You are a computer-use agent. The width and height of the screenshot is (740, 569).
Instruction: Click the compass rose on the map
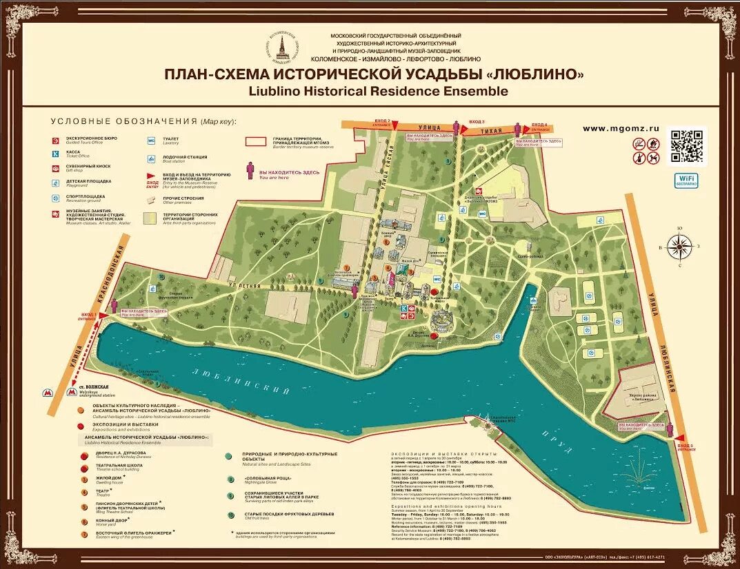679,246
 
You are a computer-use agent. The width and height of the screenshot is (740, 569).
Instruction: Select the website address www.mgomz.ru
621,128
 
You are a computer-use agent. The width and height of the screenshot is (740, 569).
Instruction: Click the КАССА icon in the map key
56,154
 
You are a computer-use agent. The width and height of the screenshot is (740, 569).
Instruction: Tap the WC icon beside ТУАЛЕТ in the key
151,140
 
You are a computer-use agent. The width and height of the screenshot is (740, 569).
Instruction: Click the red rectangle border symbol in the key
256,141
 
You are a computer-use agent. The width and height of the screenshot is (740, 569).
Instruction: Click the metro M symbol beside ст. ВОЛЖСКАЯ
71,391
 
